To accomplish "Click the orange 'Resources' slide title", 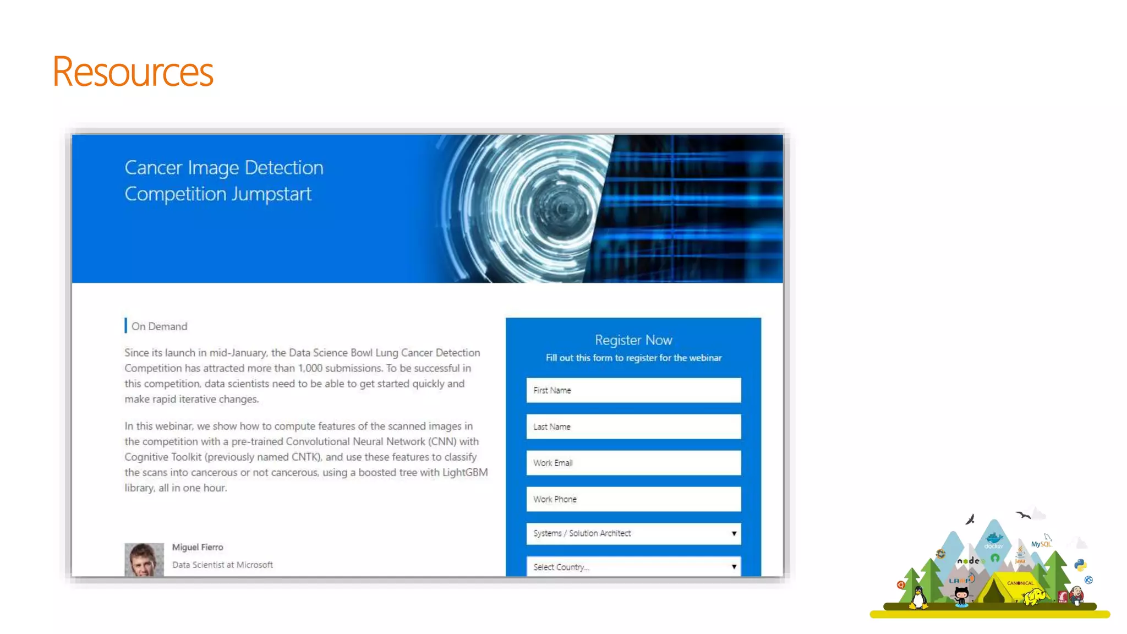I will [133, 72].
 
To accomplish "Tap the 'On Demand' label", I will [159, 326].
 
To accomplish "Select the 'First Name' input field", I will [633, 390].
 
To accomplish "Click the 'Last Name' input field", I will [633, 427].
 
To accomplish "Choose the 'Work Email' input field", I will [633, 463].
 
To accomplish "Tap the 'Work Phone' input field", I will [633, 499].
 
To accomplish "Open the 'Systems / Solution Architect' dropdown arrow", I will [734, 533].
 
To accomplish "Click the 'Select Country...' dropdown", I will [633, 567].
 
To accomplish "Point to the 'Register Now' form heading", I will [633, 340].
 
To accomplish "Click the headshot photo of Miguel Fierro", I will [144, 560].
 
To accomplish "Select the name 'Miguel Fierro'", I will [198, 547].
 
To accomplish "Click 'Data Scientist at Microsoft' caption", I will [222, 565].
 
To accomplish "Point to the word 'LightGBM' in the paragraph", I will [465, 472].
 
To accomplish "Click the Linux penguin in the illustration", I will [918, 598].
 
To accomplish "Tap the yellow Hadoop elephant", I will [1035, 596].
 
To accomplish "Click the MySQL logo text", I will [1041, 544].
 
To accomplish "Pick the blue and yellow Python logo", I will [1080, 565].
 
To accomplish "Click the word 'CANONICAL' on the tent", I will [1020, 583].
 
